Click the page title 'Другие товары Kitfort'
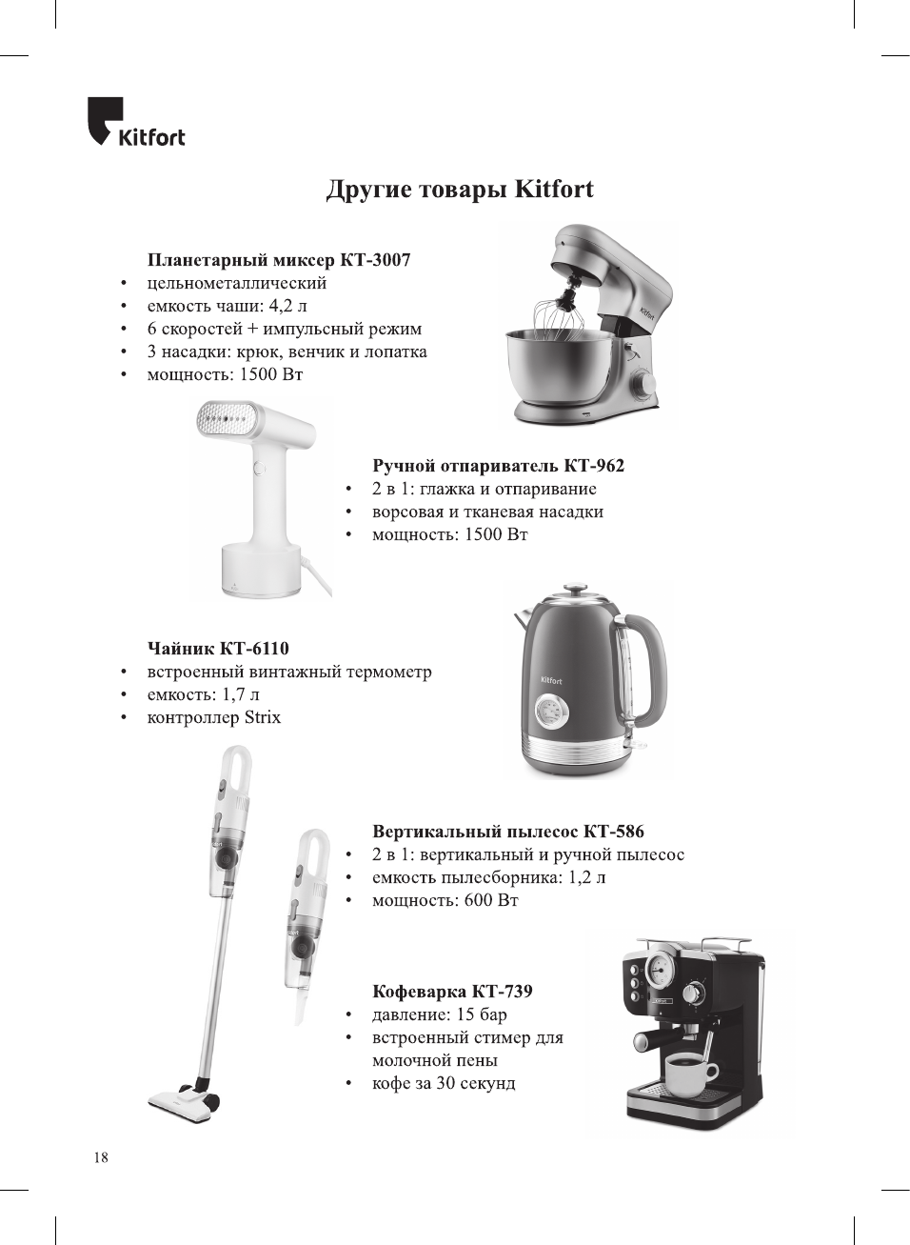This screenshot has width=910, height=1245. [x=460, y=190]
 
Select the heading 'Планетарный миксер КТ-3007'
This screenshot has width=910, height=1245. [x=279, y=260]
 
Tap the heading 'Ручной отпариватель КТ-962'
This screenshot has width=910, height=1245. [x=498, y=466]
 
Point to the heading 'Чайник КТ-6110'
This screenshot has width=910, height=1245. [x=218, y=649]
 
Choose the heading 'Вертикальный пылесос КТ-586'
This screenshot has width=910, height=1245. [x=507, y=832]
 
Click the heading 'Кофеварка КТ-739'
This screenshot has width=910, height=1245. [x=452, y=992]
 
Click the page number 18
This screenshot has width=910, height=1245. [x=101, y=1157]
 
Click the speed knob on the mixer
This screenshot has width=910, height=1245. [x=647, y=382]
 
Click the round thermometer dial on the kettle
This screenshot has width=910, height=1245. [x=548, y=711]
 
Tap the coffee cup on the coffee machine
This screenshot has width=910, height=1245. [x=690, y=1075]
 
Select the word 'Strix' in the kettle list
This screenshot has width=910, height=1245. [x=262, y=717]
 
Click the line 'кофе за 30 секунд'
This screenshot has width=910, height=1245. [x=444, y=1083]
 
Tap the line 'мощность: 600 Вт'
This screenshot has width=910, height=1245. [x=445, y=900]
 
